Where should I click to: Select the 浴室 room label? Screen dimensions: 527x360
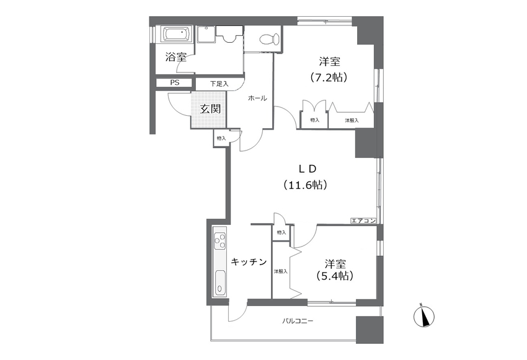coord(176,58)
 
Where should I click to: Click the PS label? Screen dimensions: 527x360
coord(174,82)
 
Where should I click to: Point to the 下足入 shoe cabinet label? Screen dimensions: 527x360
coord(219,84)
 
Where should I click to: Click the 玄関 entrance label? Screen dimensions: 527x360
coord(210,109)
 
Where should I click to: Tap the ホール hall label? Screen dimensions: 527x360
coord(257,99)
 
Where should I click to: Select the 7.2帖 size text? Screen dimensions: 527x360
coord(329,77)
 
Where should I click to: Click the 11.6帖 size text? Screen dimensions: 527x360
coord(305,185)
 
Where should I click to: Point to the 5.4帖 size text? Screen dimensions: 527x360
coord(335,276)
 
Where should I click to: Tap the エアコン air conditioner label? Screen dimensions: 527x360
coord(363,221)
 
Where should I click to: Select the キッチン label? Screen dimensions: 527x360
coord(249,262)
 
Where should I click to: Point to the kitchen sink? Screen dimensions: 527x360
coord(220,282)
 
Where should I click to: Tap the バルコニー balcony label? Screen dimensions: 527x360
coord(298,321)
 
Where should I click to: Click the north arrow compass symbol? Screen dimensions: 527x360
coord(424,315)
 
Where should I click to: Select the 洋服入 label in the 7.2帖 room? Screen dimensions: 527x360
coord(352,120)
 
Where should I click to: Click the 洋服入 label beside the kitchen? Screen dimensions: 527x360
coord(281,271)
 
